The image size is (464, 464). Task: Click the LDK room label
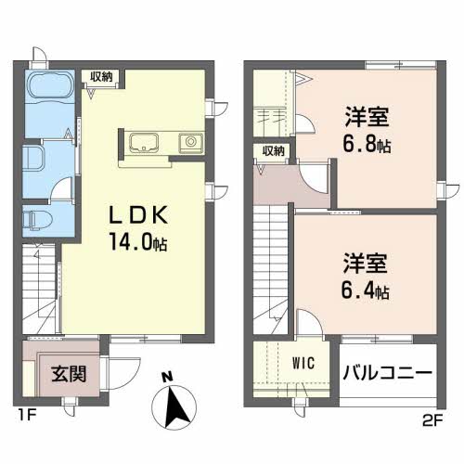[x=138, y=215]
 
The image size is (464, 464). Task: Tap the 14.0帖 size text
[x=138, y=241]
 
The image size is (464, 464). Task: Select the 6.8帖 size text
[x=367, y=144]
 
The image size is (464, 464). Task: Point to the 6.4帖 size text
[x=366, y=290]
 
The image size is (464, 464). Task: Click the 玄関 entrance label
[x=69, y=374]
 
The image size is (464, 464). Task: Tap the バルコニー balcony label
[x=388, y=372]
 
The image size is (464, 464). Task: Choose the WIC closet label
[x=303, y=363]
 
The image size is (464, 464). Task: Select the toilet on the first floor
[x=37, y=220]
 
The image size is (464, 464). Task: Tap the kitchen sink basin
[x=144, y=143]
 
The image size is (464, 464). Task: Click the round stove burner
[x=191, y=142]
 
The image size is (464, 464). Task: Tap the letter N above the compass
[x=167, y=377]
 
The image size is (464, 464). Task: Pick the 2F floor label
[x=432, y=421]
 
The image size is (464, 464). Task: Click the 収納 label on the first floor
[x=101, y=76]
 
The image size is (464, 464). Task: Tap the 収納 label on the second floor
[x=273, y=151]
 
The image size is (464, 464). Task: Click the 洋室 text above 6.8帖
[x=367, y=117]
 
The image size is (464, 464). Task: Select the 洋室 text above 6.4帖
[x=365, y=264]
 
